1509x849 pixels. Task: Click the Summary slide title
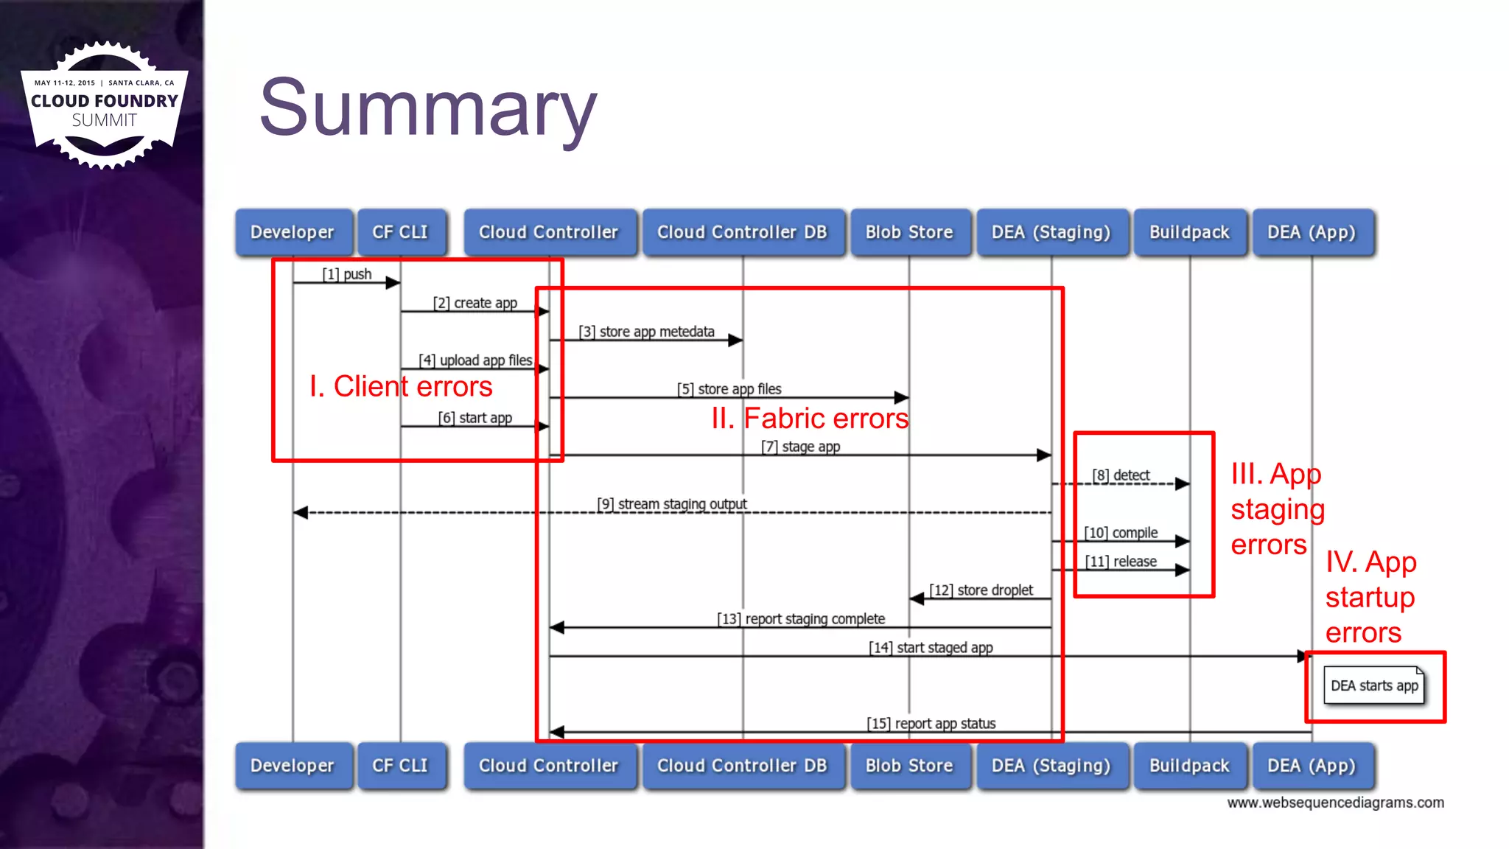pyautogui.click(x=428, y=109)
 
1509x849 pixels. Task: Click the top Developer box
pyautogui.click(x=293, y=232)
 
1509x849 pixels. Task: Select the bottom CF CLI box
pyautogui.click(x=400, y=766)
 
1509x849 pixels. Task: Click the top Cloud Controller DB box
pyautogui.click(x=742, y=232)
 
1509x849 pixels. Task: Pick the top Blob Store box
pyautogui.click(x=909, y=232)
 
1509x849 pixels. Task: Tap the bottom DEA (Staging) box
pyautogui.click(x=1051, y=766)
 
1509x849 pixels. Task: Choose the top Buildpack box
pyautogui.click(x=1189, y=232)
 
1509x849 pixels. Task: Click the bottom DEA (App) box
pyautogui.click(x=1312, y=766)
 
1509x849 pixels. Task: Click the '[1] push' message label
pyautogui.click(x=347, y=274)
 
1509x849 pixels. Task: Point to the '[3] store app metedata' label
pyautogui.click(x=646, y=332)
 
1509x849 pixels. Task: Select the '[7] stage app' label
pyautogui.click(x=800, y=447)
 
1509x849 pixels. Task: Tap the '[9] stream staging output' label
pyautogui.click(x=672, y=504)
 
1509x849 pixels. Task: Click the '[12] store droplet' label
pyautogui.click(x=981, y=590)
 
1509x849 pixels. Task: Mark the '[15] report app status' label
pyautogui.click(x=931, y=724)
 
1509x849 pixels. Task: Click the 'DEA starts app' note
pyautogui.click(x=1374, y=686)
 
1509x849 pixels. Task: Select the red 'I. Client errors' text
pyautogui.click(x=401, y=386)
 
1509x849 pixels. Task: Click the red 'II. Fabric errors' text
pyautogui.click(x=810, y=419)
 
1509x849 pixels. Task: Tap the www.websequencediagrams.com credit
pyautogui.click(x=1335, y=803)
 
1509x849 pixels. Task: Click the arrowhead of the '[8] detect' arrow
pyautogui.click(x=1183, y=484)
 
